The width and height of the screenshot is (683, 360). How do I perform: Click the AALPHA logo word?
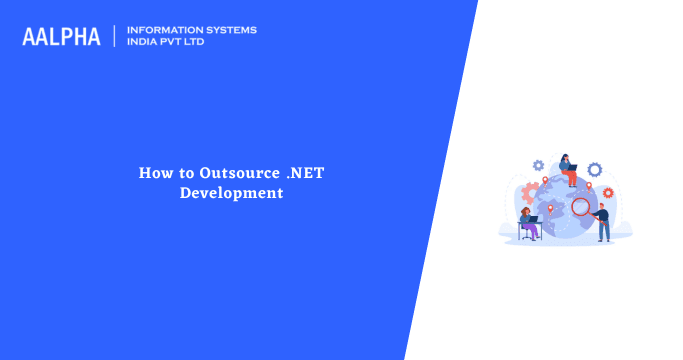(61, 36)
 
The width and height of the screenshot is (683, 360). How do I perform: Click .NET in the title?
(305, 173)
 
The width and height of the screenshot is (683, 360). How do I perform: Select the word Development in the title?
(231, 192)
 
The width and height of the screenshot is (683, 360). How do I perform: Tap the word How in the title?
(153, 173)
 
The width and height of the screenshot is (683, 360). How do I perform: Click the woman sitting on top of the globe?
(568, 170)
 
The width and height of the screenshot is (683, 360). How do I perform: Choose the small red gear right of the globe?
(607, 192)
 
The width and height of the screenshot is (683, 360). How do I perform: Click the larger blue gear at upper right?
(594, 169)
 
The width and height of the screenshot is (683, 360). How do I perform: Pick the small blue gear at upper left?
(538, 165)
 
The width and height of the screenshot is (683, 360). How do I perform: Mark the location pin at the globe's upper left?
(545, 182)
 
